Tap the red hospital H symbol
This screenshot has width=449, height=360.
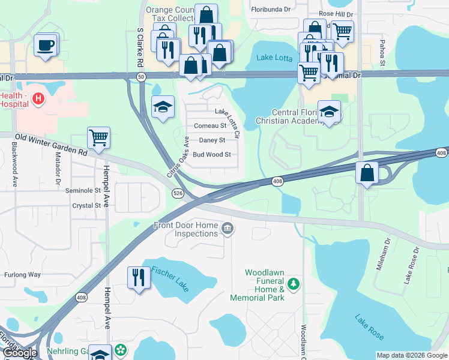[x=38, y=98]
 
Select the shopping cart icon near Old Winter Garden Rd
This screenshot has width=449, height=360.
[x=98, y=137]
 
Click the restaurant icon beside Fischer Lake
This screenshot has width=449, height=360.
[x=139, y=277]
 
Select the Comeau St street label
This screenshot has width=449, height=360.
[x=210, y=126]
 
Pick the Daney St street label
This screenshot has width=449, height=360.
[x=211, y=140]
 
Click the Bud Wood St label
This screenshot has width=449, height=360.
[x=211, y=154]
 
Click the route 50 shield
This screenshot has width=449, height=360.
[x=141, y=77]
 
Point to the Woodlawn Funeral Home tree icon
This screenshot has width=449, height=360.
[x=294, y=283]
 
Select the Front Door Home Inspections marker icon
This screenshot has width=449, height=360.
[x=228, y=228]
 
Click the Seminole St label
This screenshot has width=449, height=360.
[x=82, y=191]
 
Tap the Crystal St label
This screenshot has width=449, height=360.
[x=86, y=205]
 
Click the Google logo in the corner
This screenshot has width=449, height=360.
[x=20, y=353]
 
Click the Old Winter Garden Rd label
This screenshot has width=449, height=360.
[x=51, y=145]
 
